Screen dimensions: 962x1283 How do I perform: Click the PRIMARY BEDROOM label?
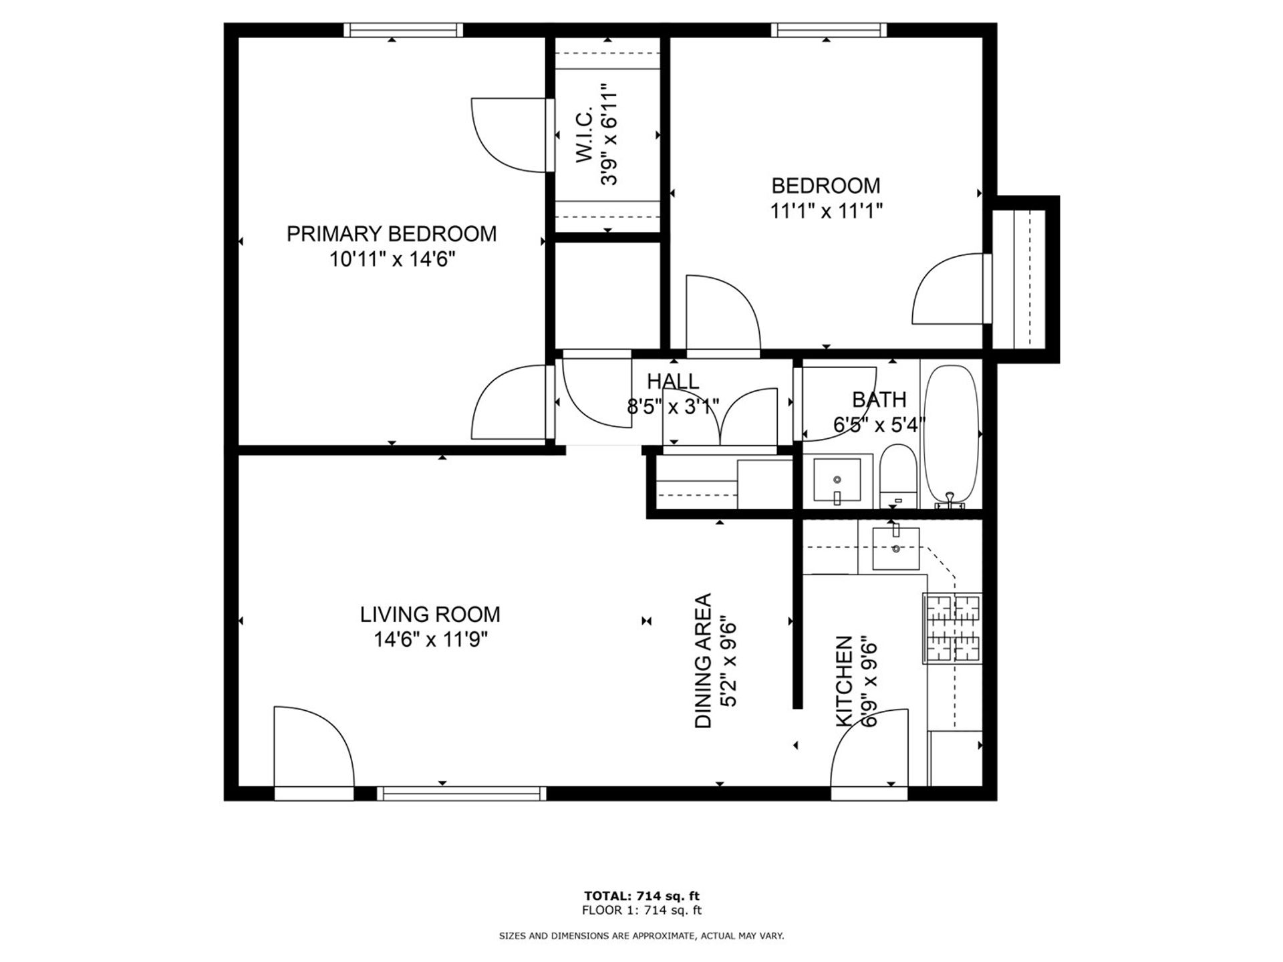click(x=392, y=234)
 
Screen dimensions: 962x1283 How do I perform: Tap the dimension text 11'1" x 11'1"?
click(x=826, y=211)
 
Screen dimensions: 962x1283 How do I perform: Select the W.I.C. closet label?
click(x=584, y=134)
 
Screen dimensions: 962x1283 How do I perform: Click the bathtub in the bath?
click(x=951, y=434)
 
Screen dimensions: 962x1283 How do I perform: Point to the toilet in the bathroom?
click(x=897, y=478)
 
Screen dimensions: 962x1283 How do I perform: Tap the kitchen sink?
click(x=896, y=548)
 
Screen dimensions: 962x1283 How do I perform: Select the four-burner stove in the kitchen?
click(x=952, y=629)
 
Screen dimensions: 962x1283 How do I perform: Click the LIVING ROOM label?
click(x=430, y=614)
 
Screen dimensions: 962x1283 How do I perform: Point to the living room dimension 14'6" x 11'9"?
click(x=430, y=640)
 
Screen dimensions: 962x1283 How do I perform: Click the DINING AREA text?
click(x=704, y=661)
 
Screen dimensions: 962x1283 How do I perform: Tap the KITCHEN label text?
click(x=845, y=681)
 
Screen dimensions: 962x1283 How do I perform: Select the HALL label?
click(x=672, y=381)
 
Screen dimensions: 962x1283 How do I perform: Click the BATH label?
click(x=879, y=399)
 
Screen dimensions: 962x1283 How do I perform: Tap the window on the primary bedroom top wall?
click(x=403, y=30)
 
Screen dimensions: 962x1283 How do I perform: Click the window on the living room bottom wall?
click(x=461, y=793)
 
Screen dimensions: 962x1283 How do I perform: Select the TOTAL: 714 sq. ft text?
click(x=641, y=896)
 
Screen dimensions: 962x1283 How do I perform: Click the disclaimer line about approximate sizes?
click(x=641, y=937)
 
